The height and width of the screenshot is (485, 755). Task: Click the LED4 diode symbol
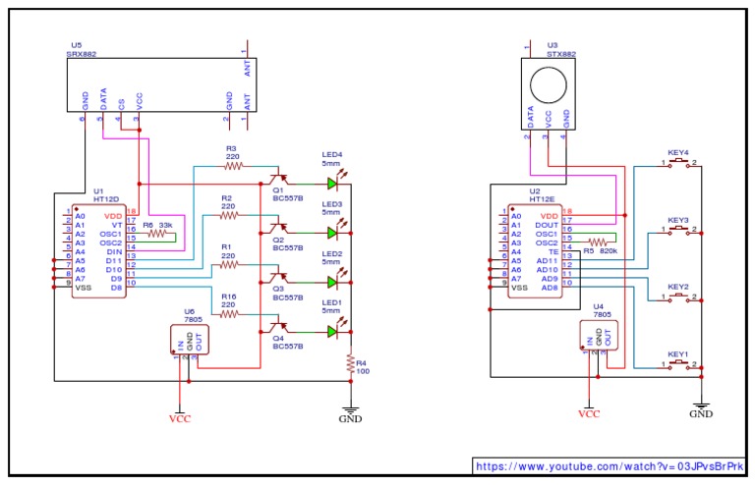point(332,183)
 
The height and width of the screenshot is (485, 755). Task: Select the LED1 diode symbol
point(332,331)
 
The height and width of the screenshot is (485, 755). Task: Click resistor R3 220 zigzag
point(232,166)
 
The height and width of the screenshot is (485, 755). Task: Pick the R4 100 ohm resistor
point(349,364)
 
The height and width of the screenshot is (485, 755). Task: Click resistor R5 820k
point(598,242)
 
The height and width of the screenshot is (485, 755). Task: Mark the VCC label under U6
point(179,419)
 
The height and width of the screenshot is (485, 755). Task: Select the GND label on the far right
point(700,414)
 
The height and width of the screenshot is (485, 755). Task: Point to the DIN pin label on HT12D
point(113,251)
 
